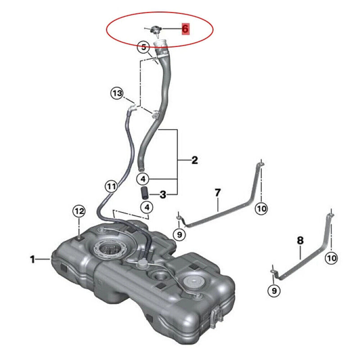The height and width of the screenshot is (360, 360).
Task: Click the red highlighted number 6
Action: click(x=185, y=29)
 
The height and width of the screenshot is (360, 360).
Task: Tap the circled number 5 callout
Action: click(x=144, y=48)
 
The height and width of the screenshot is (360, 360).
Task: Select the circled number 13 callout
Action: click(x=117, y=94)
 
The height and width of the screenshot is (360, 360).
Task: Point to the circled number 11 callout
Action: click(x=112, y=186)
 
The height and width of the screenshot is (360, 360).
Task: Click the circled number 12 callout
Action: click(x=79, y=211)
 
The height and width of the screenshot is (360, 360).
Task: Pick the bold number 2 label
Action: click(x=194, y=160)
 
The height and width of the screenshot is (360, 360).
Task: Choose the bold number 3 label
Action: click(x=163, y=195)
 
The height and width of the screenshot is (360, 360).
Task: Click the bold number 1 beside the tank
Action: click(x=32, y=260)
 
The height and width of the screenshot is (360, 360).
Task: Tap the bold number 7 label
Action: click(x=218, y=193)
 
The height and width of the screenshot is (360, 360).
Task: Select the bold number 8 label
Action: click(x=300, y=240)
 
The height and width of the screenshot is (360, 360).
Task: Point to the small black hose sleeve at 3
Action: click(x=144, y=193)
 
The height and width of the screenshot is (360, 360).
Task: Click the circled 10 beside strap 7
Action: click(x=261, y=208)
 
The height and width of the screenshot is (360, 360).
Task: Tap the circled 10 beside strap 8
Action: click(x=331, y=258)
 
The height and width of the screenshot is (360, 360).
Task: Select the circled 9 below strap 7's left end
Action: click(x=179, y=234)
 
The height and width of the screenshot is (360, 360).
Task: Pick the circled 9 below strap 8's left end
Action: click(x=274, y=291)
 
